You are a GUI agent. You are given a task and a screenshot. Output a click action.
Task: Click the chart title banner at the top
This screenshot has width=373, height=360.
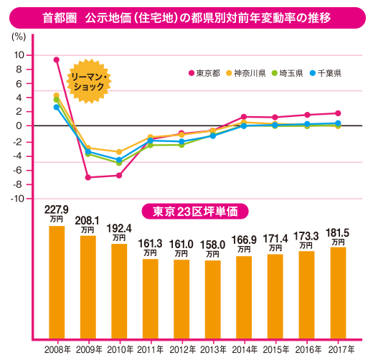[186, 15]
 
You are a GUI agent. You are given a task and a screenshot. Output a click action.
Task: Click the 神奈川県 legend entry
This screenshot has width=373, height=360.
[252, 72]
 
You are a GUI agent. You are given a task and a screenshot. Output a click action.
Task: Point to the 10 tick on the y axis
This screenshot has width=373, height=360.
[19, 55]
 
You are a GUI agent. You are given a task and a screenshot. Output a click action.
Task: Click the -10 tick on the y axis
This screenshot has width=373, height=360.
[18, 199]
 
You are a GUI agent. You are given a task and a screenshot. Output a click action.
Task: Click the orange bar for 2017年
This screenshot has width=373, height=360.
[339, 292]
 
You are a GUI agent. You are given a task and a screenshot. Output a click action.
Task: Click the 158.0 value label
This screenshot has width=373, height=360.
[214, 245]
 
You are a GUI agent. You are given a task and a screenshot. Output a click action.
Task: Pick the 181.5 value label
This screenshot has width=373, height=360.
[339, 233]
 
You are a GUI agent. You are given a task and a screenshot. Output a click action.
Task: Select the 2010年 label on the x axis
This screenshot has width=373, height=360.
[119, 349]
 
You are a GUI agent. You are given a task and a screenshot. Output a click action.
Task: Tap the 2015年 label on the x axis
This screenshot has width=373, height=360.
[276, 349]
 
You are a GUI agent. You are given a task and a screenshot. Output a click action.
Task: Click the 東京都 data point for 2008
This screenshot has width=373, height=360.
[57, 60]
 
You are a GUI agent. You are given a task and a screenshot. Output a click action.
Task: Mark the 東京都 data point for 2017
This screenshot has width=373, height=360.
[339, 113]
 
